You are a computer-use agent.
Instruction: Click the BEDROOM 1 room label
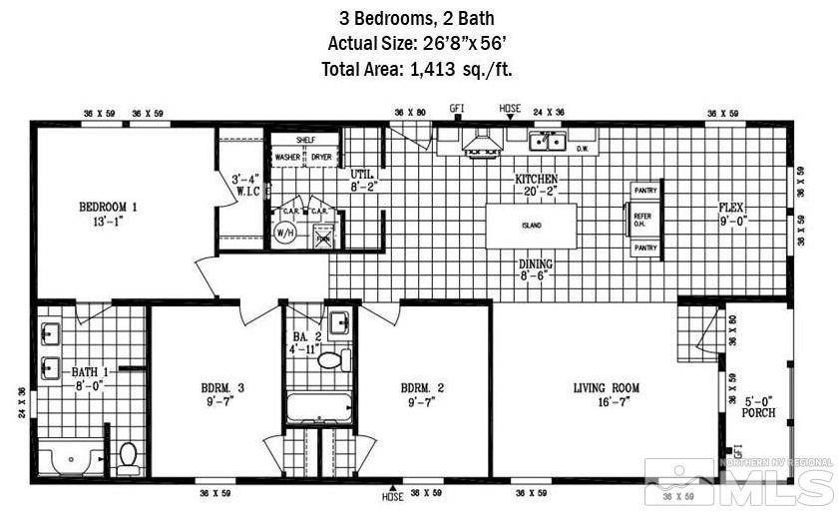108,208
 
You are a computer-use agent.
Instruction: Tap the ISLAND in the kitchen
531,226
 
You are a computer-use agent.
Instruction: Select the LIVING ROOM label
606,387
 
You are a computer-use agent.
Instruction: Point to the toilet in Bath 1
128,458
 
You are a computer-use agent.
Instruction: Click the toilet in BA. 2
329,359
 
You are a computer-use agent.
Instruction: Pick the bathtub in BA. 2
318,409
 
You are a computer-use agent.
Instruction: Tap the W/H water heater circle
284,232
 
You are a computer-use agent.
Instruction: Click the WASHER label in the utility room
288,158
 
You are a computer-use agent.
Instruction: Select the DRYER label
321,158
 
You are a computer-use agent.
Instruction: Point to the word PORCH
759,412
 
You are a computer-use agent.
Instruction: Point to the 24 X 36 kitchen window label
549,112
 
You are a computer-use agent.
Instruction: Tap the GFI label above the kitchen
458,108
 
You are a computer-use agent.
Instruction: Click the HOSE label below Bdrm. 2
394,495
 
